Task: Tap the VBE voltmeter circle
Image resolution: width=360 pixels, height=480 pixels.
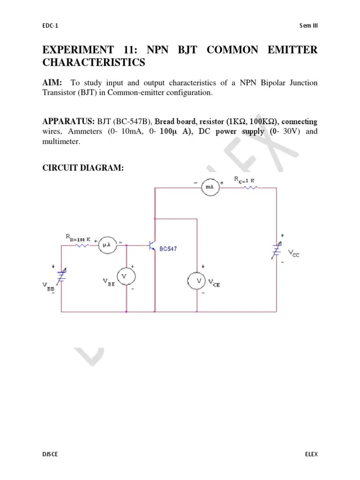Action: point(125,277)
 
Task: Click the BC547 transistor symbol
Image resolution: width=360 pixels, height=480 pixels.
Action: point(152,246)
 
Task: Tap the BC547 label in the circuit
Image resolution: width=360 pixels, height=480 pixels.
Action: point(168,249)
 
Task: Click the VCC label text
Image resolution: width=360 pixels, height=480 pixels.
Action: point(294,254)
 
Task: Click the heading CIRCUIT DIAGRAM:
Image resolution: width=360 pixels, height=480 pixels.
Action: point(83,168)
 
